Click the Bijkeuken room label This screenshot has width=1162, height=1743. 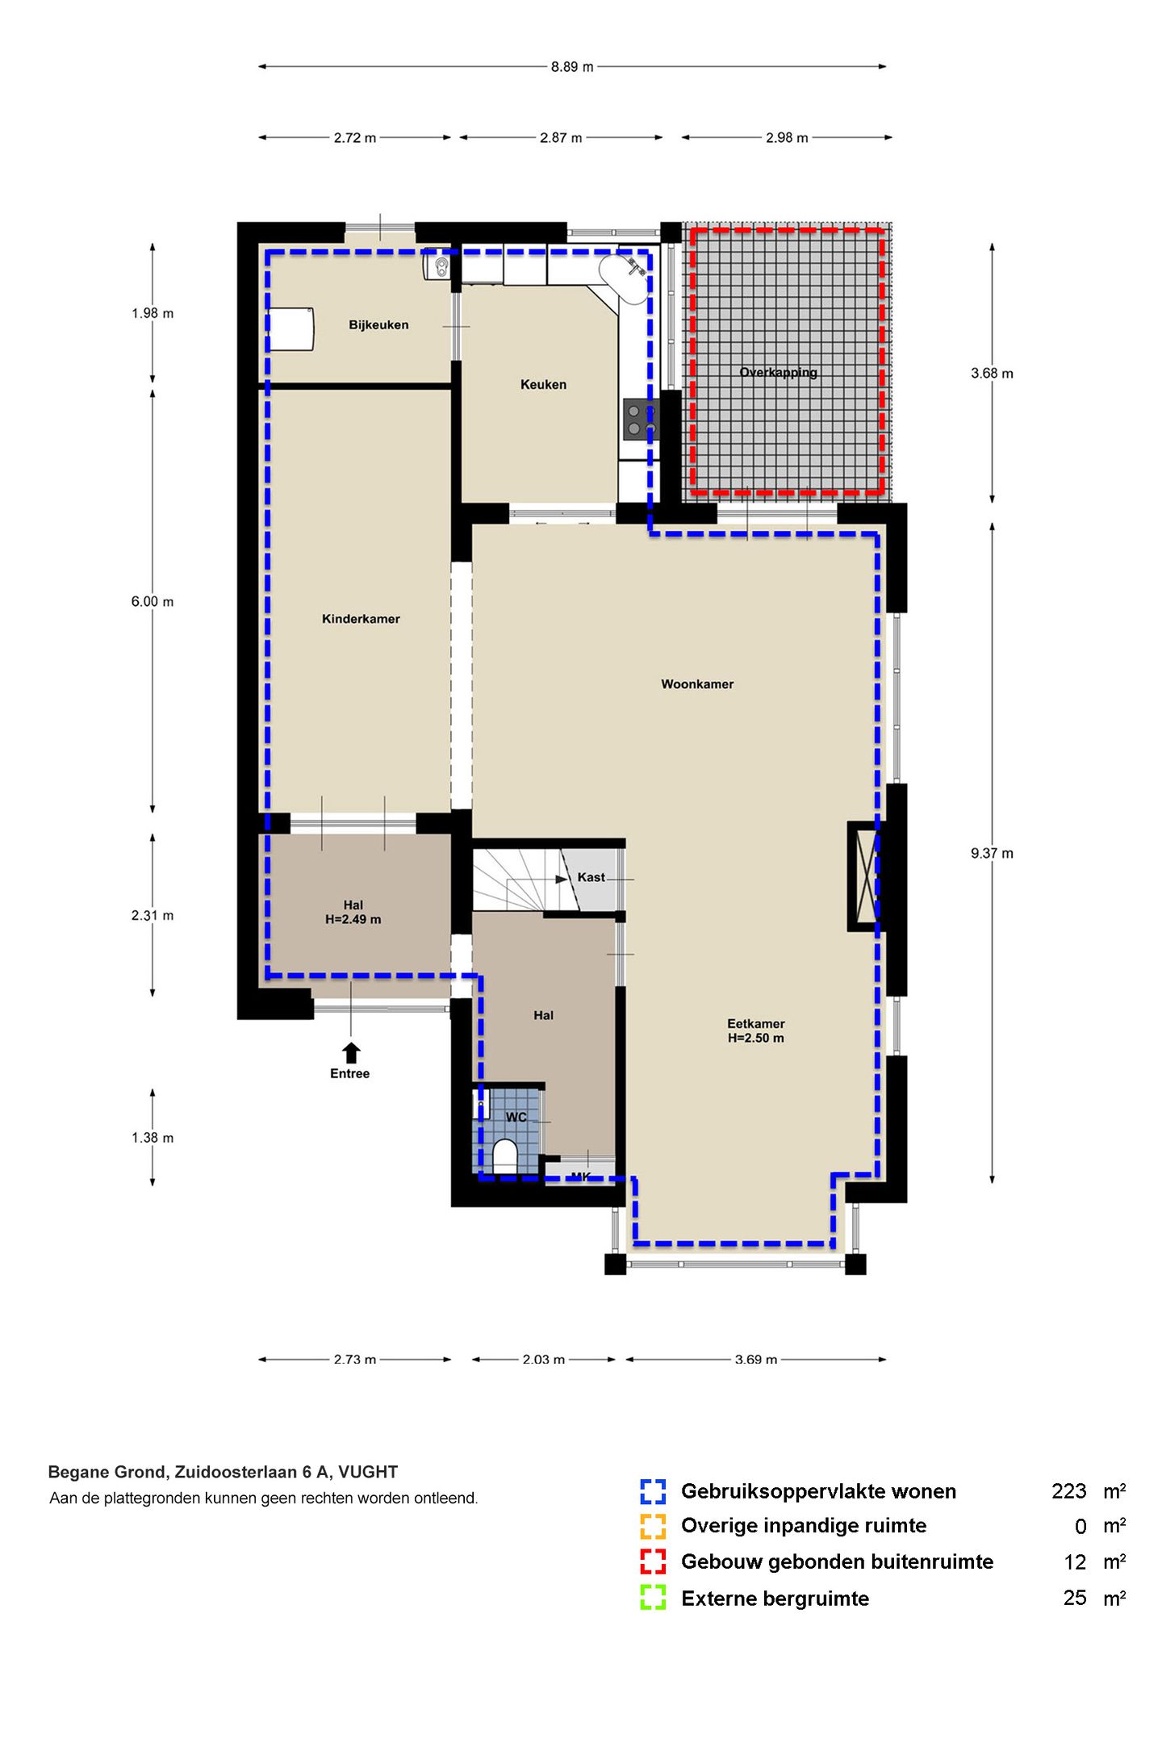(378, 325)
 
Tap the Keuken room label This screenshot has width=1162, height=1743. (543, 385)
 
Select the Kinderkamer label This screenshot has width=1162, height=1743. (361, 619)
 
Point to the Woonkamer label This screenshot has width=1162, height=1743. (697, 684)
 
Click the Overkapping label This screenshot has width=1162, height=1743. (779, 373)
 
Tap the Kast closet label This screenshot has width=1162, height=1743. (591, 877)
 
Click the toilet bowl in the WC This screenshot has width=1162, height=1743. (504, 1155)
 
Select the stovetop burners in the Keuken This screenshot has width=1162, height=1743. (641, 420)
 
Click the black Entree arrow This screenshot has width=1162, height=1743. (351, 1052)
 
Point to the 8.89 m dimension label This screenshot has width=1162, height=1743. (572, 67)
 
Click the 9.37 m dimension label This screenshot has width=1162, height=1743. (992, 854)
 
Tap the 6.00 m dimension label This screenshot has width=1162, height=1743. (153, 602)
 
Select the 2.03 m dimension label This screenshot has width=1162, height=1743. (543, 1360)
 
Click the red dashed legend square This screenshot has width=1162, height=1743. (653, 1561)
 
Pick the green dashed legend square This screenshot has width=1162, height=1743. (653, 1598)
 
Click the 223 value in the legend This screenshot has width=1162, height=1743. (1069, 1491)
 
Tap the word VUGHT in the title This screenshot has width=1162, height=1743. (368, 1472)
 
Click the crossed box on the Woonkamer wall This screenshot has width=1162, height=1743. (864, 876)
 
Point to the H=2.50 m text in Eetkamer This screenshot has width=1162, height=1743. (756, 1039)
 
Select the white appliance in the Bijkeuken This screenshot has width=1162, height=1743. (290, 328)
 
